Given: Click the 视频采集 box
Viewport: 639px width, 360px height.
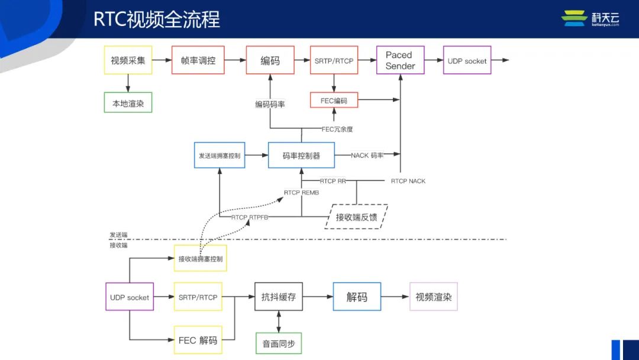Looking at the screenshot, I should point(128,60).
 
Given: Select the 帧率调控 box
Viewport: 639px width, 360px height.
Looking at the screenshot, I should point(198,60).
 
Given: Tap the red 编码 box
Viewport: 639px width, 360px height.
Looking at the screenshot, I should point(270,60).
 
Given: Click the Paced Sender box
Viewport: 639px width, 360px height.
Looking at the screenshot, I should point(400,60).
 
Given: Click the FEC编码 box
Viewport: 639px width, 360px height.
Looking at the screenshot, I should point(334,100).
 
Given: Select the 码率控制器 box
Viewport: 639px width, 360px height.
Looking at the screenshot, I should point(301,155).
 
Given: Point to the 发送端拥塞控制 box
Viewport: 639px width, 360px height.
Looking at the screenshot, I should point(220,155).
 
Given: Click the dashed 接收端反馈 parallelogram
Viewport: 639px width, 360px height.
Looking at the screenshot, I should point(356,217).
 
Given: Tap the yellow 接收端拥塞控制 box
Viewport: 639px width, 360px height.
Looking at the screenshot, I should point(200,258).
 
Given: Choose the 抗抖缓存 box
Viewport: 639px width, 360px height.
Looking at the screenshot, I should point(279,297).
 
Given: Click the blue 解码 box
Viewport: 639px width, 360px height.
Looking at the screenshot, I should point(356,297).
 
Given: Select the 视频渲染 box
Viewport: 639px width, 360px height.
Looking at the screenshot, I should point(433,297).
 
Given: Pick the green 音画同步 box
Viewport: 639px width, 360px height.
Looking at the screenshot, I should point(279,343).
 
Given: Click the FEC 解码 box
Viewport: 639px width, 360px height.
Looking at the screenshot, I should point(198,340).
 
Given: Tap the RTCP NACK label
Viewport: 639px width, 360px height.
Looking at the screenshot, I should point(408,181).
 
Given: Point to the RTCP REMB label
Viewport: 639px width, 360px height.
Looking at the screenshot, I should point(301,192).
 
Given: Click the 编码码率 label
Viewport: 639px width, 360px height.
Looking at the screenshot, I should point(270,104).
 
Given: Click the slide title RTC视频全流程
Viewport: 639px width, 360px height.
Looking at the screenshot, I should point(157,19).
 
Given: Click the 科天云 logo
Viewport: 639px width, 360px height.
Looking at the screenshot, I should point(590,18).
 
